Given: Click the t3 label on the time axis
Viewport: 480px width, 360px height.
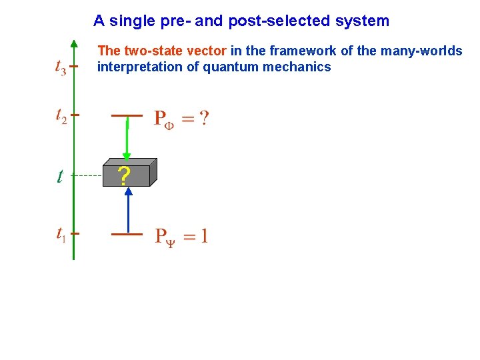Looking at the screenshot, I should point(59,67).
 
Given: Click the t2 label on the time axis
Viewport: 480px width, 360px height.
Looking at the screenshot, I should point(60,116).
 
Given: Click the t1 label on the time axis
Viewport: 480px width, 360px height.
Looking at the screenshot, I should point(60,234).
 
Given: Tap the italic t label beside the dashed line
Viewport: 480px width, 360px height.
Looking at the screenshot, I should point(60,176).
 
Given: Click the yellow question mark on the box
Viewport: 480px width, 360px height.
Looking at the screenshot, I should point(123,176).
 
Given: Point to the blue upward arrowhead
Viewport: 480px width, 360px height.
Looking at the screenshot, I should point(129,192).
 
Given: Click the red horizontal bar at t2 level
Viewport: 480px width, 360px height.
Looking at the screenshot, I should point(127,115).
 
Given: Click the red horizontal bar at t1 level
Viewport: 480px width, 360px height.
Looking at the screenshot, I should point(127,234).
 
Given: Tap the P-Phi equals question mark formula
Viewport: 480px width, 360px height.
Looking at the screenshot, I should point(181,119).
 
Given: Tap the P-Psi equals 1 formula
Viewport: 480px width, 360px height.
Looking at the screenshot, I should point(181,236).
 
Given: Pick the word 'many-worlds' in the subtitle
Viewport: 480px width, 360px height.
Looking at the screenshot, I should point(429,51).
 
